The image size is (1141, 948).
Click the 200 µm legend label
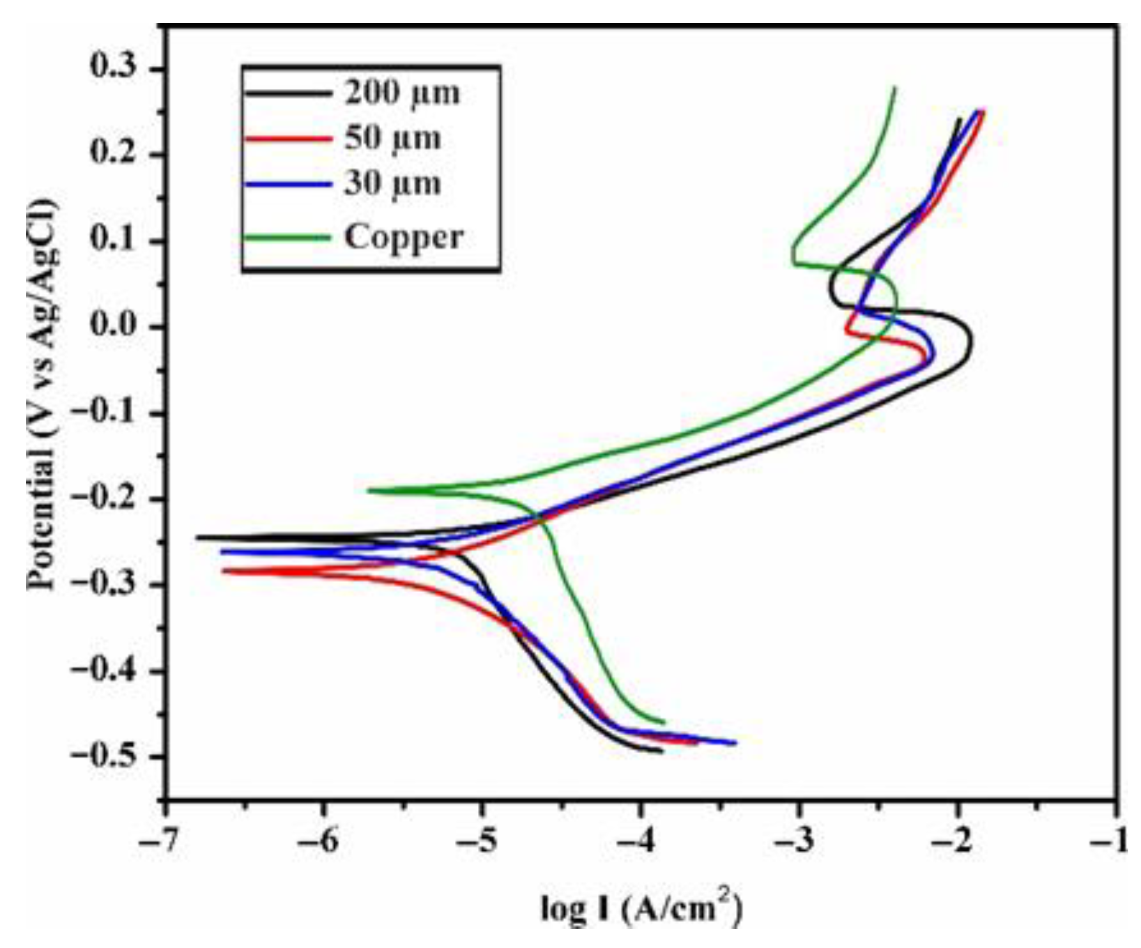[402, 93]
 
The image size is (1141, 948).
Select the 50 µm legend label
[392, 138]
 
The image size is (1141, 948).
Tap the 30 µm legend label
[392, 184]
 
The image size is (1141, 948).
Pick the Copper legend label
[404, 237]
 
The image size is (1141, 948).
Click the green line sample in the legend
[287, 238]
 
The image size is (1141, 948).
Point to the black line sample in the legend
[287, 94]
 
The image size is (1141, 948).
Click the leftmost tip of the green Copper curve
[369, 491]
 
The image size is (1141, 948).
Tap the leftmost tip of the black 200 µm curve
[197, 537]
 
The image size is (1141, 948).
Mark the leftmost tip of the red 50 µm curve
[223, 570]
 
